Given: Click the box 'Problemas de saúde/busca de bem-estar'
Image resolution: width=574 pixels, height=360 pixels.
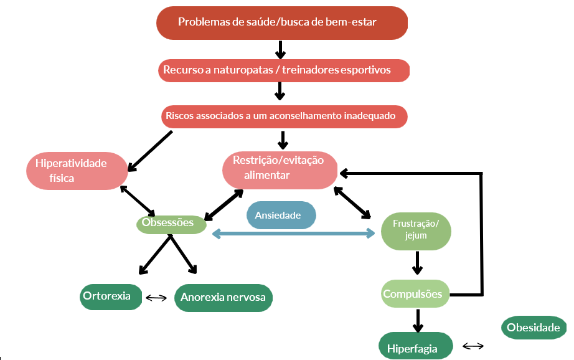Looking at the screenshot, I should tap(281, 22).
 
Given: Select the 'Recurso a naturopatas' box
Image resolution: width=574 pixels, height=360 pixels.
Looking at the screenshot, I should tap(284, 70).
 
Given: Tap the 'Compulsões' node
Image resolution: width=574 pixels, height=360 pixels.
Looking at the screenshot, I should tap(415, 294).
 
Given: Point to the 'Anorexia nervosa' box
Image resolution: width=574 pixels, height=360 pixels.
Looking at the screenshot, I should tap(223, 297).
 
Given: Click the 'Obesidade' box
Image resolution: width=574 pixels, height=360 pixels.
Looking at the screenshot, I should tap(534, 328).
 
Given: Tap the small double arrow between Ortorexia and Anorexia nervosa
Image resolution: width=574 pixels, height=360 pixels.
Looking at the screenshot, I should tap(156, 298).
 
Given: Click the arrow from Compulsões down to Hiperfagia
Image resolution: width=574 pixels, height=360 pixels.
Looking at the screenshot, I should tap(417, 320).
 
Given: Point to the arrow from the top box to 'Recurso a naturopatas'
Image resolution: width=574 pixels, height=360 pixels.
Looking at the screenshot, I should tap(280, 49).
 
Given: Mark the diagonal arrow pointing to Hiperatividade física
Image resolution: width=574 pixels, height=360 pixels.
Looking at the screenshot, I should tap(149, 150).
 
